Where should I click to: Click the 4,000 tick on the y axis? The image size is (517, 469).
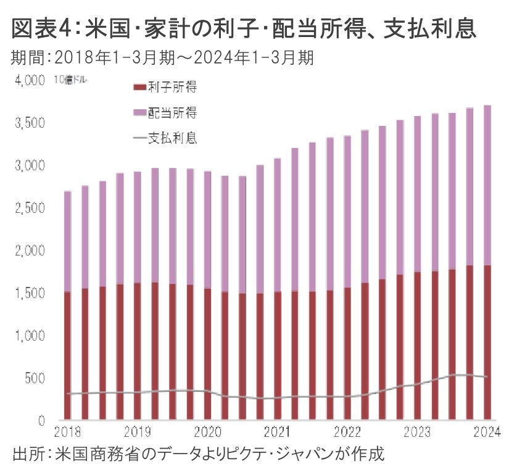point(28,81)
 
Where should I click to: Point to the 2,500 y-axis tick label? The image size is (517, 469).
point(28,209)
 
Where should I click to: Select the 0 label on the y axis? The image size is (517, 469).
point(41,421)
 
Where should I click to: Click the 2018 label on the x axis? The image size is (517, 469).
point(67,431)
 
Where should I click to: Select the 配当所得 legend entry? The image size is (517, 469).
point(172,112)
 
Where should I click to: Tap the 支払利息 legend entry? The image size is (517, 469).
point(172,138)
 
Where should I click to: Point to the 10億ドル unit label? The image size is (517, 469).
point(67,81)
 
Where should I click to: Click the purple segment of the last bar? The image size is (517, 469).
point(487,185)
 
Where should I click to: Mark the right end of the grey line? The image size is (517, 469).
point(487,376)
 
